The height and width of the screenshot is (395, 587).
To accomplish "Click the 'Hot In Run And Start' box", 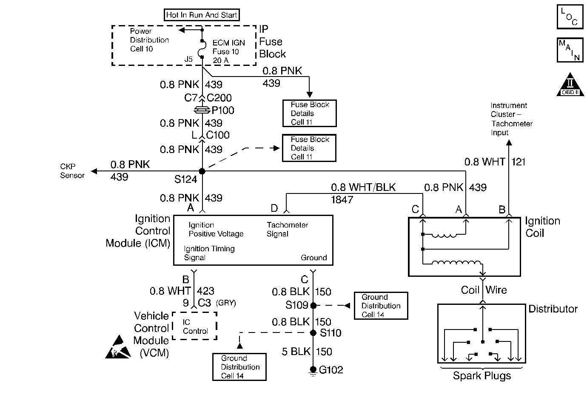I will [x=202, y=15].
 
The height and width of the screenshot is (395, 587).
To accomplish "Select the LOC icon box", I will [x=570, y=17].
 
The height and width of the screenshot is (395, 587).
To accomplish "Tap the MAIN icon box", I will [x=570, y=50].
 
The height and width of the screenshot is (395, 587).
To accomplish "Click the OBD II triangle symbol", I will [x=570, y=85].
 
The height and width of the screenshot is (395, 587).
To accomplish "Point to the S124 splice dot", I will [x=202, y=171].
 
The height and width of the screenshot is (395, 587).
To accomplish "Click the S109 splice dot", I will [x=313, y=305].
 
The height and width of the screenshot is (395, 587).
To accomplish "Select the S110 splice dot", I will [x=313, y=333].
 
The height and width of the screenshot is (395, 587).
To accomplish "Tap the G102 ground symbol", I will [x=313, y=370].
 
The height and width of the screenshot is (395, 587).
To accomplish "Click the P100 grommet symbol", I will [x=202, y=110].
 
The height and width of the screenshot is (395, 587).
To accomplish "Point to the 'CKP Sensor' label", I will [x=72, y=171].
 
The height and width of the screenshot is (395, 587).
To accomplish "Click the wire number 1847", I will [x=342, y=199].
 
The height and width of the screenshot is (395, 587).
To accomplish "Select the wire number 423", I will [x=206, y=291].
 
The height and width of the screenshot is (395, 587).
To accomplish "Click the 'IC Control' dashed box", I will [x=195, y=327].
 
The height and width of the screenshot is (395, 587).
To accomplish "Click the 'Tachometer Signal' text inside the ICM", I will [x=287, y=229].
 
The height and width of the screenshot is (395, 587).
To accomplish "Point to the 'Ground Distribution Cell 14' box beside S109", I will [x=381, y=306].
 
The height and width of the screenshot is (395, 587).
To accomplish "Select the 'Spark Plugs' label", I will [x=482, y=376].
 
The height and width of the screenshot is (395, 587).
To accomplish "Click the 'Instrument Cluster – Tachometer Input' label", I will [x=511, y=119].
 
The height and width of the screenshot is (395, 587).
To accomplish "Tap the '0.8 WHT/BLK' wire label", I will [x=363, y=187].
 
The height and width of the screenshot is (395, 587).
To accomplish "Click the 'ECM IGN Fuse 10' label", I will [x=229, y=47].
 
